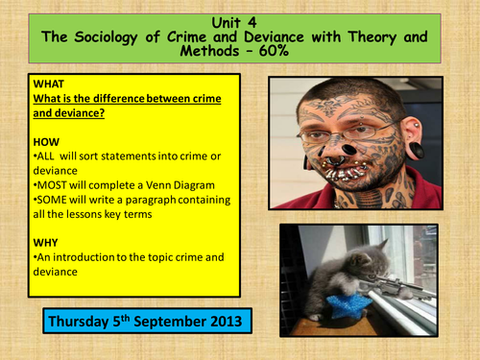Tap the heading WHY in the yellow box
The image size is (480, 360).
click(46, 242)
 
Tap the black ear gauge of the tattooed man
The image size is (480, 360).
click(419, 152)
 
